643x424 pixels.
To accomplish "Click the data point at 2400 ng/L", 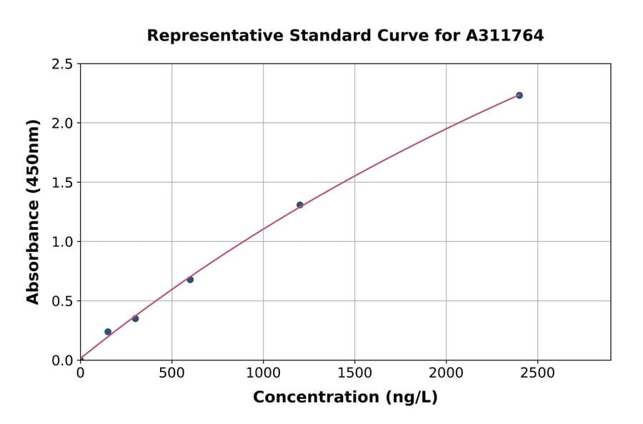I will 519,95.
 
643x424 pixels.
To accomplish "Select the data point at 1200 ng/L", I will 300,205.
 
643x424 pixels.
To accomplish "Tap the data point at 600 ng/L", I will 190,279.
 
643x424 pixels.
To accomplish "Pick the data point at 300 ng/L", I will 135,318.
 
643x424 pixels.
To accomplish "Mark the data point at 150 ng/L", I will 108,332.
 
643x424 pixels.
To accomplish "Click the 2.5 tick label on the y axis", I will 63,64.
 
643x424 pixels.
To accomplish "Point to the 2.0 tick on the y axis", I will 63,123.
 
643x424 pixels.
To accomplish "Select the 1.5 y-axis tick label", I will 63,183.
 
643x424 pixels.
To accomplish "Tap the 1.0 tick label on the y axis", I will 63,242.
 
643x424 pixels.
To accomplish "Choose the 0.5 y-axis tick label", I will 63,301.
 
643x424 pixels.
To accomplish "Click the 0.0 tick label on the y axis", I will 63,360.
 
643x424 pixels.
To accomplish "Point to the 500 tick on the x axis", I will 171,373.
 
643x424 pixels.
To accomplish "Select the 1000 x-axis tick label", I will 263,373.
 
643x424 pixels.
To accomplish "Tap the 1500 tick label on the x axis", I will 354,373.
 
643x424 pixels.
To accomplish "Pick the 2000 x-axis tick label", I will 446,373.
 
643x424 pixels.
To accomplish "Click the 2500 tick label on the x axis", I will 537,373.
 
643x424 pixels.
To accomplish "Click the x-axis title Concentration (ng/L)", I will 345,397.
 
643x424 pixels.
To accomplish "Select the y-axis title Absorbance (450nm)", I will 33,211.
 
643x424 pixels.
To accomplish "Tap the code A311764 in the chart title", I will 506,35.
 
